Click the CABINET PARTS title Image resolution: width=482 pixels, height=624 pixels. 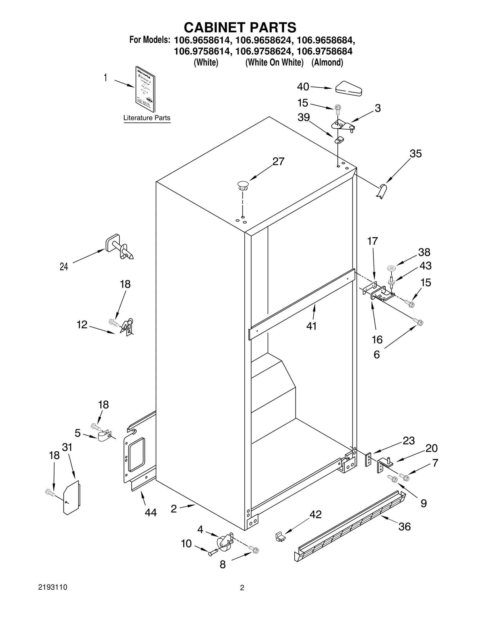(240, 27)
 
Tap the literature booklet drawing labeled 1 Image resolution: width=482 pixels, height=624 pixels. (145, 90)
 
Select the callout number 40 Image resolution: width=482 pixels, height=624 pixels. (303, 87)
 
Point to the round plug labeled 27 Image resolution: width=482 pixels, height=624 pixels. (243, 185)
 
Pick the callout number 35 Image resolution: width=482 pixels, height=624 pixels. (415, 154)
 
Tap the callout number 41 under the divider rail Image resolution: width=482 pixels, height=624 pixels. (311, 326)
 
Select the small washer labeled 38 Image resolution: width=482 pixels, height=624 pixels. (392, 268)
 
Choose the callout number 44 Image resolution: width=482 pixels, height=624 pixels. (151, 512)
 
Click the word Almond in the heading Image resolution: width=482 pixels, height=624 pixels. (327, 63)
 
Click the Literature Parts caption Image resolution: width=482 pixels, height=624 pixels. (147, 118)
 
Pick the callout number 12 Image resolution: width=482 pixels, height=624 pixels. (82, 325)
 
